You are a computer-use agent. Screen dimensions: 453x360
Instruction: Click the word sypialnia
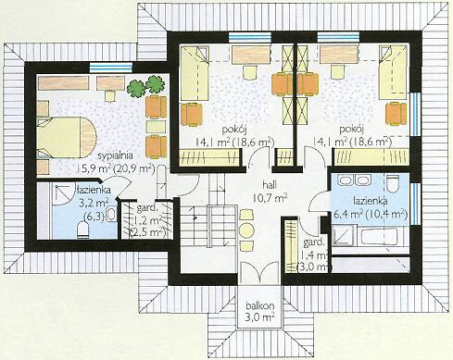click(x=115, y=156)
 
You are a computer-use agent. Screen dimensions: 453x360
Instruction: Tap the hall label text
click(x=270, y=185)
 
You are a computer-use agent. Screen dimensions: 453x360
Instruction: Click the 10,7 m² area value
click(x=270, y=197)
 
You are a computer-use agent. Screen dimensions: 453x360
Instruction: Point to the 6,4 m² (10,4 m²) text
click(x=370, y=214)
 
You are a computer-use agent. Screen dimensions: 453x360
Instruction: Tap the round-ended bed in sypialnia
click(x=67, y=137)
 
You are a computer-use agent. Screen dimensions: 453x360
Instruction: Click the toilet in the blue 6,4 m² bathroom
click(x=393, y=183)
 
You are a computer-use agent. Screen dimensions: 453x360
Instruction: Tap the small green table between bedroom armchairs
click(x=156, y=126)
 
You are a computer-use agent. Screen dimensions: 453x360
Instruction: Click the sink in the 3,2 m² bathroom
click(x=112, y=214)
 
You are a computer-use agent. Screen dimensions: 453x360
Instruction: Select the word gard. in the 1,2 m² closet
click(x=145, y=209)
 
